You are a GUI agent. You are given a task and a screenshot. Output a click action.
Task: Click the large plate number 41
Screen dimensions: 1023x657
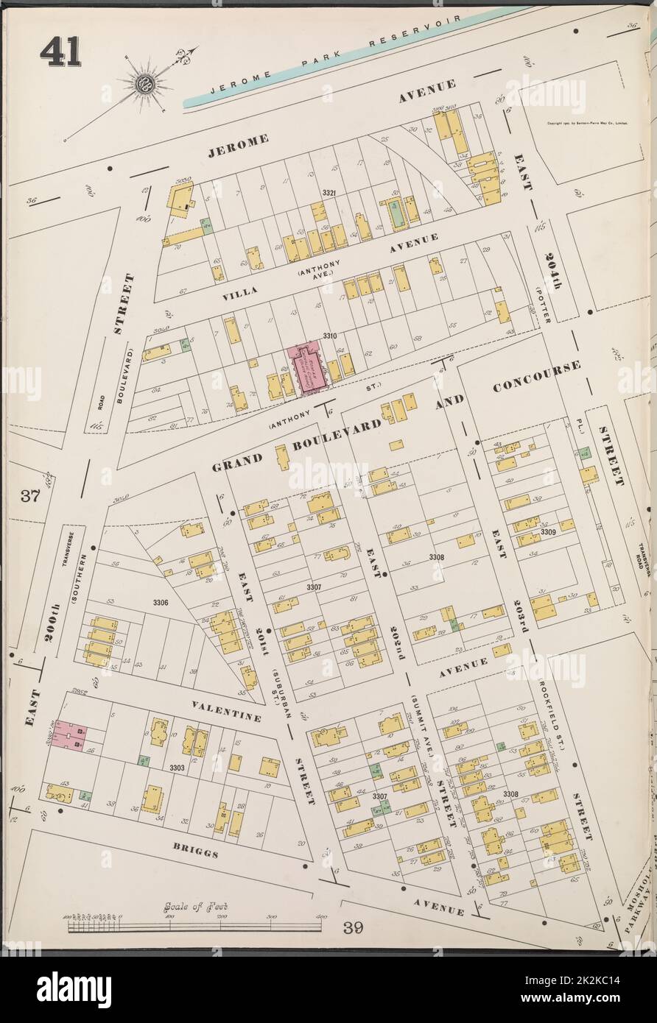tap(60, 52)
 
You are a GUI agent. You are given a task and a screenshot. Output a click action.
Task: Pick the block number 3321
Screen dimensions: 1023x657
tap(328, 194)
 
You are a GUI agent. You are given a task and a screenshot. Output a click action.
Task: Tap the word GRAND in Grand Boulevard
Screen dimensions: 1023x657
tap(238, 461)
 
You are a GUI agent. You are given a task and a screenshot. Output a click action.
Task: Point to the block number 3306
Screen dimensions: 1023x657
tap(160, 603)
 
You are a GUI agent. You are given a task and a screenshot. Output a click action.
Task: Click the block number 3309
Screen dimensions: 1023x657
tap(547, 531)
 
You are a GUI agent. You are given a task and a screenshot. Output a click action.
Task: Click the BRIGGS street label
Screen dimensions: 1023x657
tap(197, 854)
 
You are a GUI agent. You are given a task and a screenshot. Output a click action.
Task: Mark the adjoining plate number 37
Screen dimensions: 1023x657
tap(30, 495)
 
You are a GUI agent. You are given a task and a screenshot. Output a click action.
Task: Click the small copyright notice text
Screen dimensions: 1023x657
tap(587, 124)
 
